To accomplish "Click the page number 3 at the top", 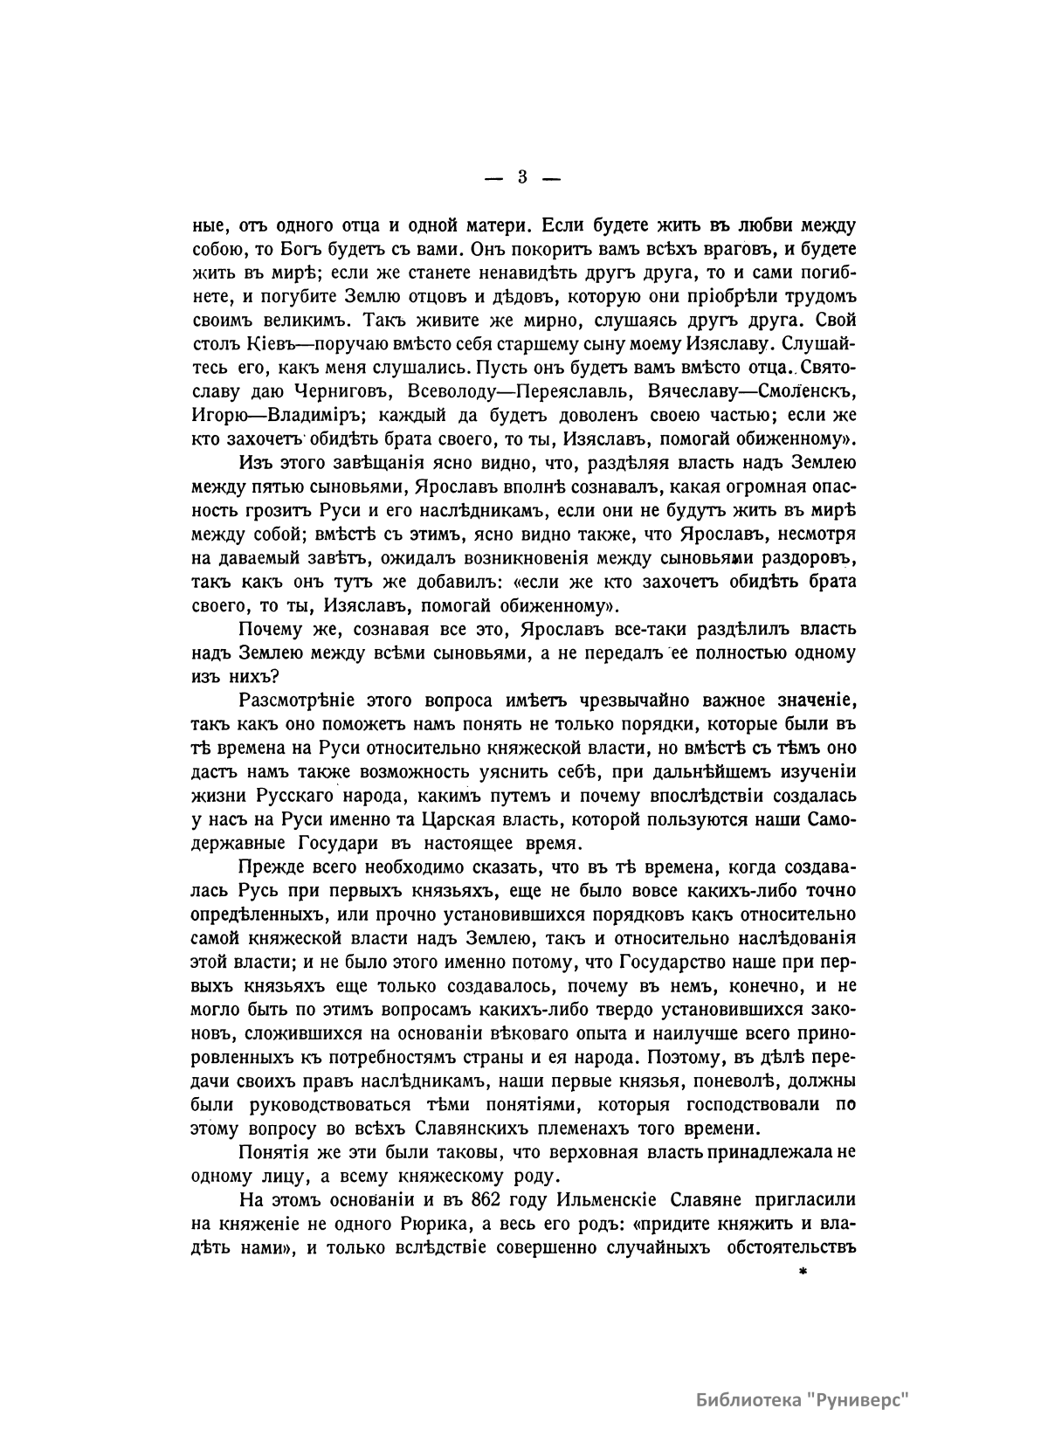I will pos(522,176).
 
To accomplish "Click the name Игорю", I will pos(217,411).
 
